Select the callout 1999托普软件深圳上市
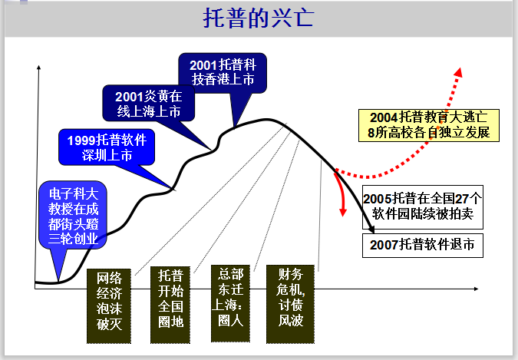107,147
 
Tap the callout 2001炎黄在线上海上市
150,104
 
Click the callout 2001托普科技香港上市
223,71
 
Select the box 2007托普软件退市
423,245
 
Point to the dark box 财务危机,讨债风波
291,299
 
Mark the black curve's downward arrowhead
372,230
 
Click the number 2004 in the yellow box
383,117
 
